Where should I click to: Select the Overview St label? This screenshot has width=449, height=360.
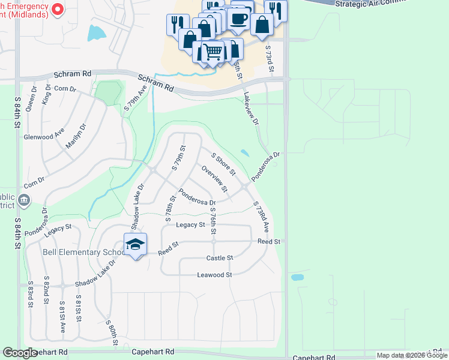(215, 179)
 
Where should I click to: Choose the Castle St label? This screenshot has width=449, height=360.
(219, 258)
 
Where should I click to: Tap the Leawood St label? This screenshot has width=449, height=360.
(214, 275)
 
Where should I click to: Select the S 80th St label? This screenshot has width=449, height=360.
(112, 332)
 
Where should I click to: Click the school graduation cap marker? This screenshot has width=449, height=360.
(136, 244)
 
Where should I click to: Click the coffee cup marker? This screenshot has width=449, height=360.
(238, 19)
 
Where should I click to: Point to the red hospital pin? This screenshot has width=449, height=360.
(58, 9)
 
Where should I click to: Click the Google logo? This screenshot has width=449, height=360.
(20, 353)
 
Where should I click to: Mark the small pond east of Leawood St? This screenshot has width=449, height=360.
(297, 278)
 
